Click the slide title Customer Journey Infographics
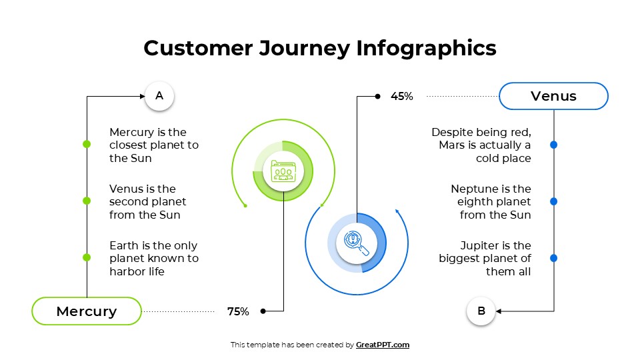tap(320, 48)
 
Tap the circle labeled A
tap(159, 96)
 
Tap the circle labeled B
tap(481, 311)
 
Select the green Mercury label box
tap(87, 311)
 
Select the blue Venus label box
tap(553, 96)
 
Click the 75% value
tap(238, 311)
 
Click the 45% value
tap(402, 97)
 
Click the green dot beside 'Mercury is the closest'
tap(87, 144)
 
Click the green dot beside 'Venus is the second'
tap(87, 201)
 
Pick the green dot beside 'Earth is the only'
tap(87, 257)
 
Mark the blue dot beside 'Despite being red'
tap(554, 145)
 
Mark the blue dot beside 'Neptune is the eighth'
tap(554, 201)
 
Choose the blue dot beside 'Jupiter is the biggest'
tap(554, 258)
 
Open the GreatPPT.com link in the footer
tap(383, 345)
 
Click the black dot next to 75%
tap(263, 311)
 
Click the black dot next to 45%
tap(377, 97)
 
